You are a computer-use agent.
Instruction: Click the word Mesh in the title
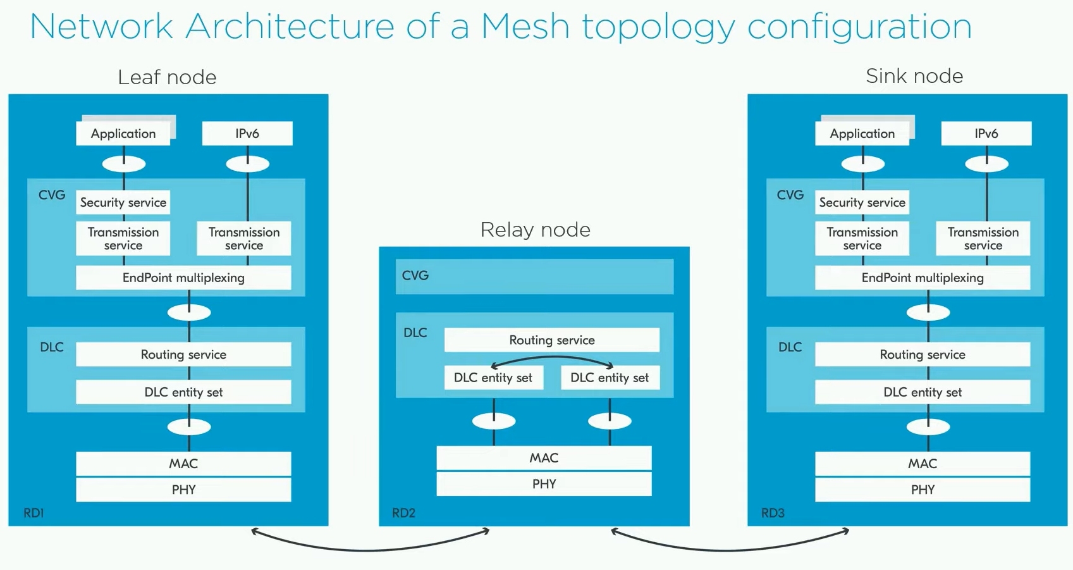coord(525,27)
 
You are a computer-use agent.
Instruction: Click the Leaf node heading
coord(167,77)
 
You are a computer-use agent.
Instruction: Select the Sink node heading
coord(914,76)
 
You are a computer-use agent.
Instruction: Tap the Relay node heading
coord(535,230)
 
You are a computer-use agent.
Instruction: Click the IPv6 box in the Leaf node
coord(247,133)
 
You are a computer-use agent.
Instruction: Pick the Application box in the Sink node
coord(862,133)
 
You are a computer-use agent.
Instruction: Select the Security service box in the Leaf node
coord(123,202)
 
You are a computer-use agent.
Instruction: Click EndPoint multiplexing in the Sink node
coord(923,278)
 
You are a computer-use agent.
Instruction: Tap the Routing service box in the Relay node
coord(552,340)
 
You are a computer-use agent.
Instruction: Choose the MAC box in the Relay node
coord(544,458)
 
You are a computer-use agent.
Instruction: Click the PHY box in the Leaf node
coord(183,490)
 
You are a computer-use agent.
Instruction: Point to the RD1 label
coord(34,513)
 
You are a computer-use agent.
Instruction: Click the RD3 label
coord(773,513)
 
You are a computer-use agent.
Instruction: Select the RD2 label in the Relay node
coord(403,513)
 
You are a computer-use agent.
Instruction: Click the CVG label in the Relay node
coord(415,276)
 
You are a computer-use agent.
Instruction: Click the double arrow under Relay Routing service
coord(553,357)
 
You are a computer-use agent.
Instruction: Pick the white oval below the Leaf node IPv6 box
coord(248,164)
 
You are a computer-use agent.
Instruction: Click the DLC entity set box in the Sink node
coord(923,392)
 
